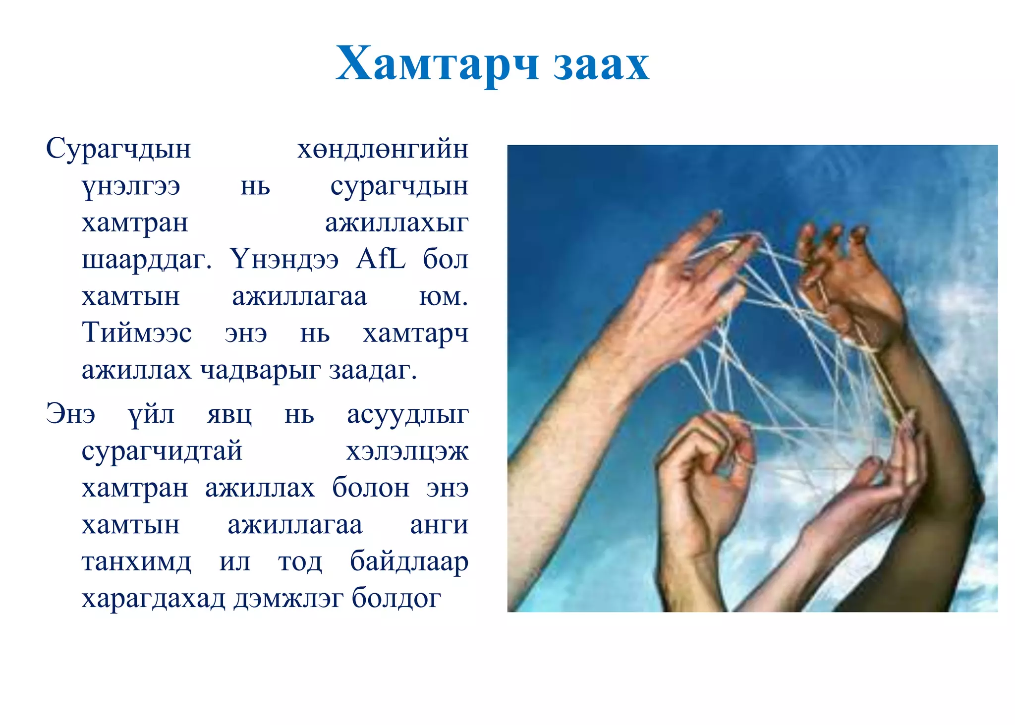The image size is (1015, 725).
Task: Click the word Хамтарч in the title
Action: coord(437,64)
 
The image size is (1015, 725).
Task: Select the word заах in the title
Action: coord(601,64)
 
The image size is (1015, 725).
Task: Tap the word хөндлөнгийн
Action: coord(383,149)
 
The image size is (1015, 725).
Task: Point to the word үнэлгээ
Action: coord(131,186)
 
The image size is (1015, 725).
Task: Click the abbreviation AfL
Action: coord(380,259)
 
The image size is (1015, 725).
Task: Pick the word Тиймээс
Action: coord(137,333)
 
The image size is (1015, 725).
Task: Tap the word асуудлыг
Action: coord(407,414)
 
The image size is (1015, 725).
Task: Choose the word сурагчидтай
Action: coord(162,451)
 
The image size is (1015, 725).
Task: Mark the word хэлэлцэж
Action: coord(407,451)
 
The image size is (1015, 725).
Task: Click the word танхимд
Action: coord(136,562)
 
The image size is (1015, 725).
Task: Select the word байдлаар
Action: coord(409,562)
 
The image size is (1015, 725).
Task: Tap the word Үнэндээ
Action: coord(284,259)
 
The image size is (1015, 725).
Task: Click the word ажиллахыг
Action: coord(396,223)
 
